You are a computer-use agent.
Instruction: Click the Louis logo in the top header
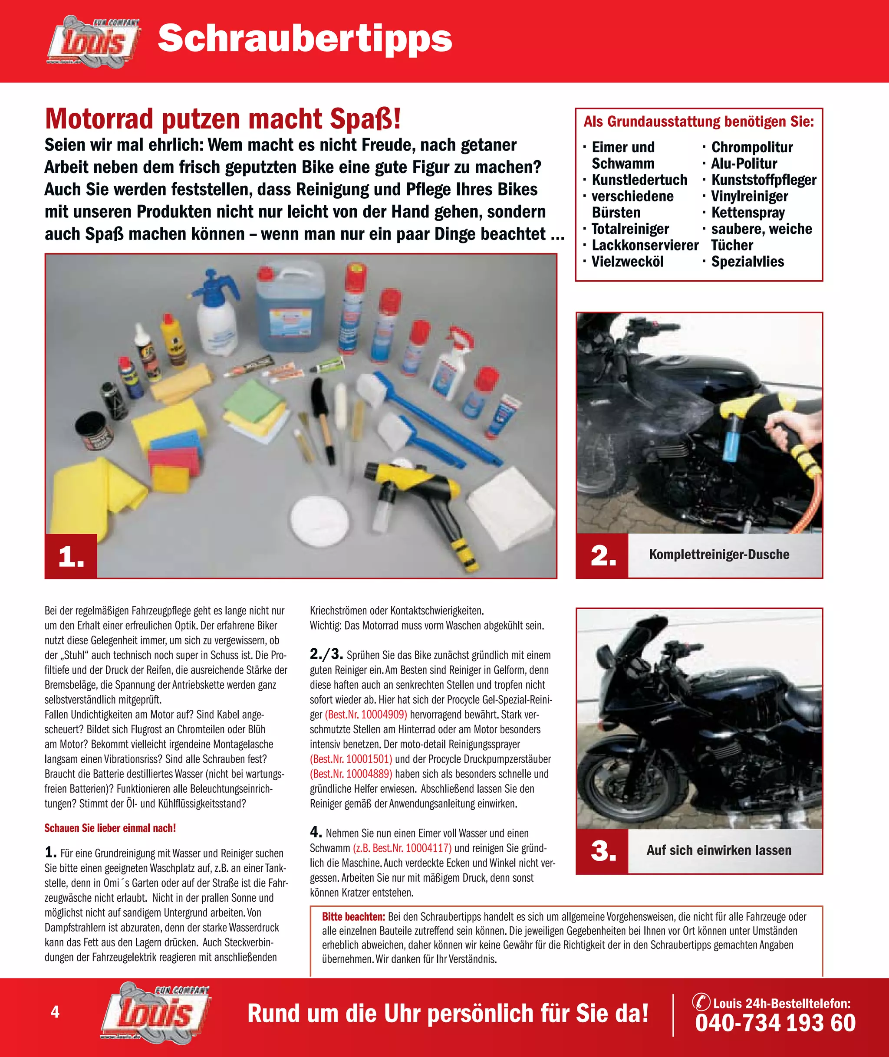coord(94,41)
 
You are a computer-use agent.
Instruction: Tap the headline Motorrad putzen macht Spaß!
coord(223,119)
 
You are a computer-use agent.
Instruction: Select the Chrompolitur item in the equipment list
coord(751,148)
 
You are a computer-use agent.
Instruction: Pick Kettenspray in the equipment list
coord(748,213)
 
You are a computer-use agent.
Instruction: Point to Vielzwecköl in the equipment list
coord(627,262)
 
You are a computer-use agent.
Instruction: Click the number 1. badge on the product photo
coord(71,556)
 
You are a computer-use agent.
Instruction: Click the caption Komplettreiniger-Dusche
coord(719,554)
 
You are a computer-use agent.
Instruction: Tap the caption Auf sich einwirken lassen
coord(719,850)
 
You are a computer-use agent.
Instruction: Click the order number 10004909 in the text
coord(384,714)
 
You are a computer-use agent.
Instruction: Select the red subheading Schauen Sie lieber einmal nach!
coord(110,828)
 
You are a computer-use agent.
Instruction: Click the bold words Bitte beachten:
coord(354,916)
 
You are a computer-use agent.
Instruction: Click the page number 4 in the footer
coord(56,1012)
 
